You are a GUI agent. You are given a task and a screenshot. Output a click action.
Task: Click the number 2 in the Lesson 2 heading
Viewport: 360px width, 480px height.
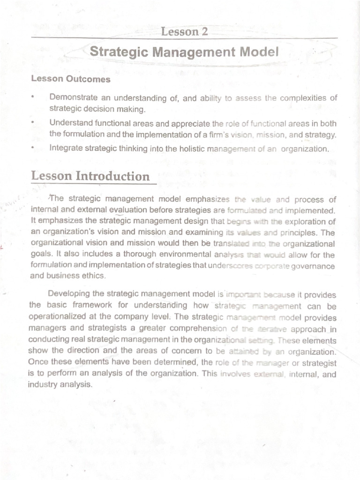coord(204,32)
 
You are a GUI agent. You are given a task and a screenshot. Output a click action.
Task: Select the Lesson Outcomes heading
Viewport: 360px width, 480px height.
coord(71,79)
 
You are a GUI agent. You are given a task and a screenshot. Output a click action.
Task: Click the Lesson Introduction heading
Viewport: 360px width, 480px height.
coord(90,176)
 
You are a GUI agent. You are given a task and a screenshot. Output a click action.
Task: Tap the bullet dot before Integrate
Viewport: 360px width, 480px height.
coord(33,148)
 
